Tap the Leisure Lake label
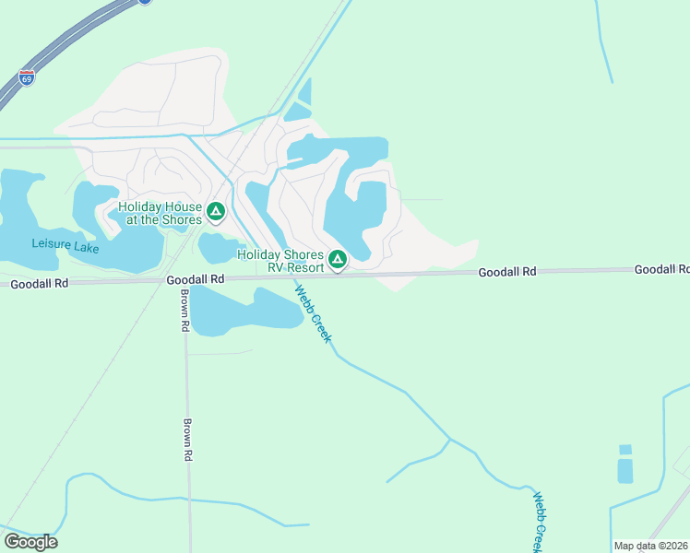tap(65, 244)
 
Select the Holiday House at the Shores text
tap(160, 213)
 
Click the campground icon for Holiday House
tap(216, 212)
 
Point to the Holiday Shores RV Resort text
tap(280, 261)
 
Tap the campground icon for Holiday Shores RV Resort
tap(338, 260)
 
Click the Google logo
tap(30, 542)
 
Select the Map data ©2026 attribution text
tap(649, 546)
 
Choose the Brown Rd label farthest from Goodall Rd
tap(187, 441)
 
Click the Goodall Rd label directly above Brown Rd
tap(196, 278)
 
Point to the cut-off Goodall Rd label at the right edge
tap(661, 269)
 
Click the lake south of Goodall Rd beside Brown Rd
tap(244, 311)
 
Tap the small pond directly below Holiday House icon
tap(217, 248)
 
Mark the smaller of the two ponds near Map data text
tap(625, 450)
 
